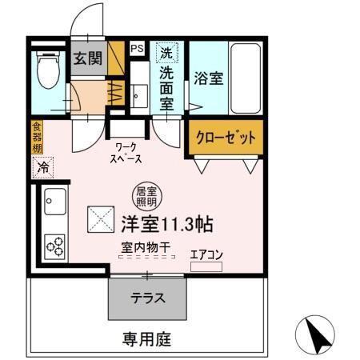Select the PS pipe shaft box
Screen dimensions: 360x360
[137, 49]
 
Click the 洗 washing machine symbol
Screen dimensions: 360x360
[166, 54]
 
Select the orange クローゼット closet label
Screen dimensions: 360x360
[226, 138]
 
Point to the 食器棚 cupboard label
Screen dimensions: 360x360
[37, 136]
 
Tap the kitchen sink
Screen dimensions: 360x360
[56, 200]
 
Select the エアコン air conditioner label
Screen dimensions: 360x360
[206, 255]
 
